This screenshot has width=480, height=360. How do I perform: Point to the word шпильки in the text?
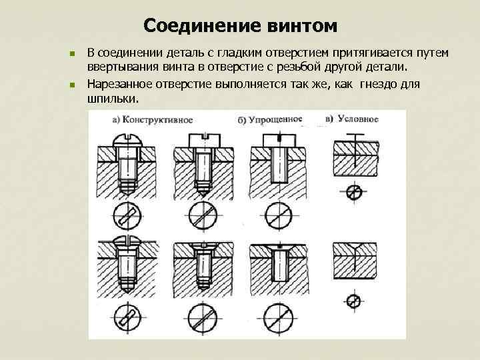[112, 98]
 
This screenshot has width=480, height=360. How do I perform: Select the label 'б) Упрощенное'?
[270, 120]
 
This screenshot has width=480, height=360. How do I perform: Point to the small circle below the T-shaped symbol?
[355, 193]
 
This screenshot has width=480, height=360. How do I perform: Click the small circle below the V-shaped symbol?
[355, 301]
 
